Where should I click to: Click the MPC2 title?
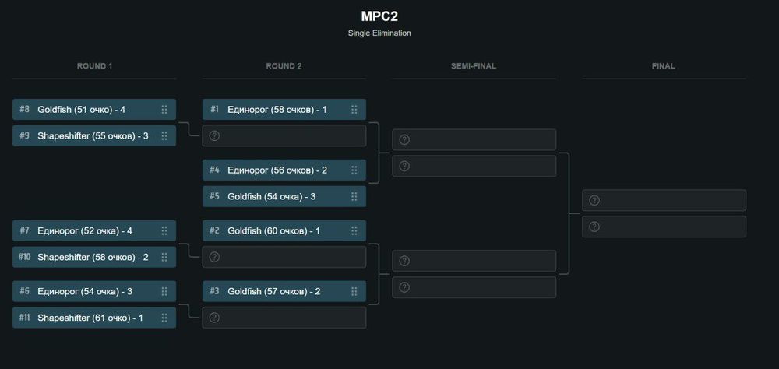coord(379,16)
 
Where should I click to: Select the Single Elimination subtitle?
coord(379,33)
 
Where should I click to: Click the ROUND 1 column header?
coord(95,66)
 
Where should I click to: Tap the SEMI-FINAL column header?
coord(474,66)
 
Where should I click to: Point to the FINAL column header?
coord(664,66)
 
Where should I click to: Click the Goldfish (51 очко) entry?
coord(81,110)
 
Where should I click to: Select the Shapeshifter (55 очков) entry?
coord(93,136)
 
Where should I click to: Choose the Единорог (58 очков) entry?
coord(277,110)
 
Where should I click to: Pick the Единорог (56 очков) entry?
coord(277,170)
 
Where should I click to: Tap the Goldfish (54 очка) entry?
coord(271,197)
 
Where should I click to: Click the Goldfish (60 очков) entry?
coord(273,231)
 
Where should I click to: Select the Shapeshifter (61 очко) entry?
coord(90,318)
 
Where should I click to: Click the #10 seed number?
coord(24,258)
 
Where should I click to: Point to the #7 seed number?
coord(24,231)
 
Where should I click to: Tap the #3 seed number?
coord(214,292)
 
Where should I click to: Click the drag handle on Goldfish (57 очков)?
coord(354,292)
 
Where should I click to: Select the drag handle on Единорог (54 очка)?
coord(164,292)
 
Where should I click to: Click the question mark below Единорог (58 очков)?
coord(215,136)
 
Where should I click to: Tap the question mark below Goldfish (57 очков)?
coord(215,318)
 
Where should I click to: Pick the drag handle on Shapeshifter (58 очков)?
coord(164,258)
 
